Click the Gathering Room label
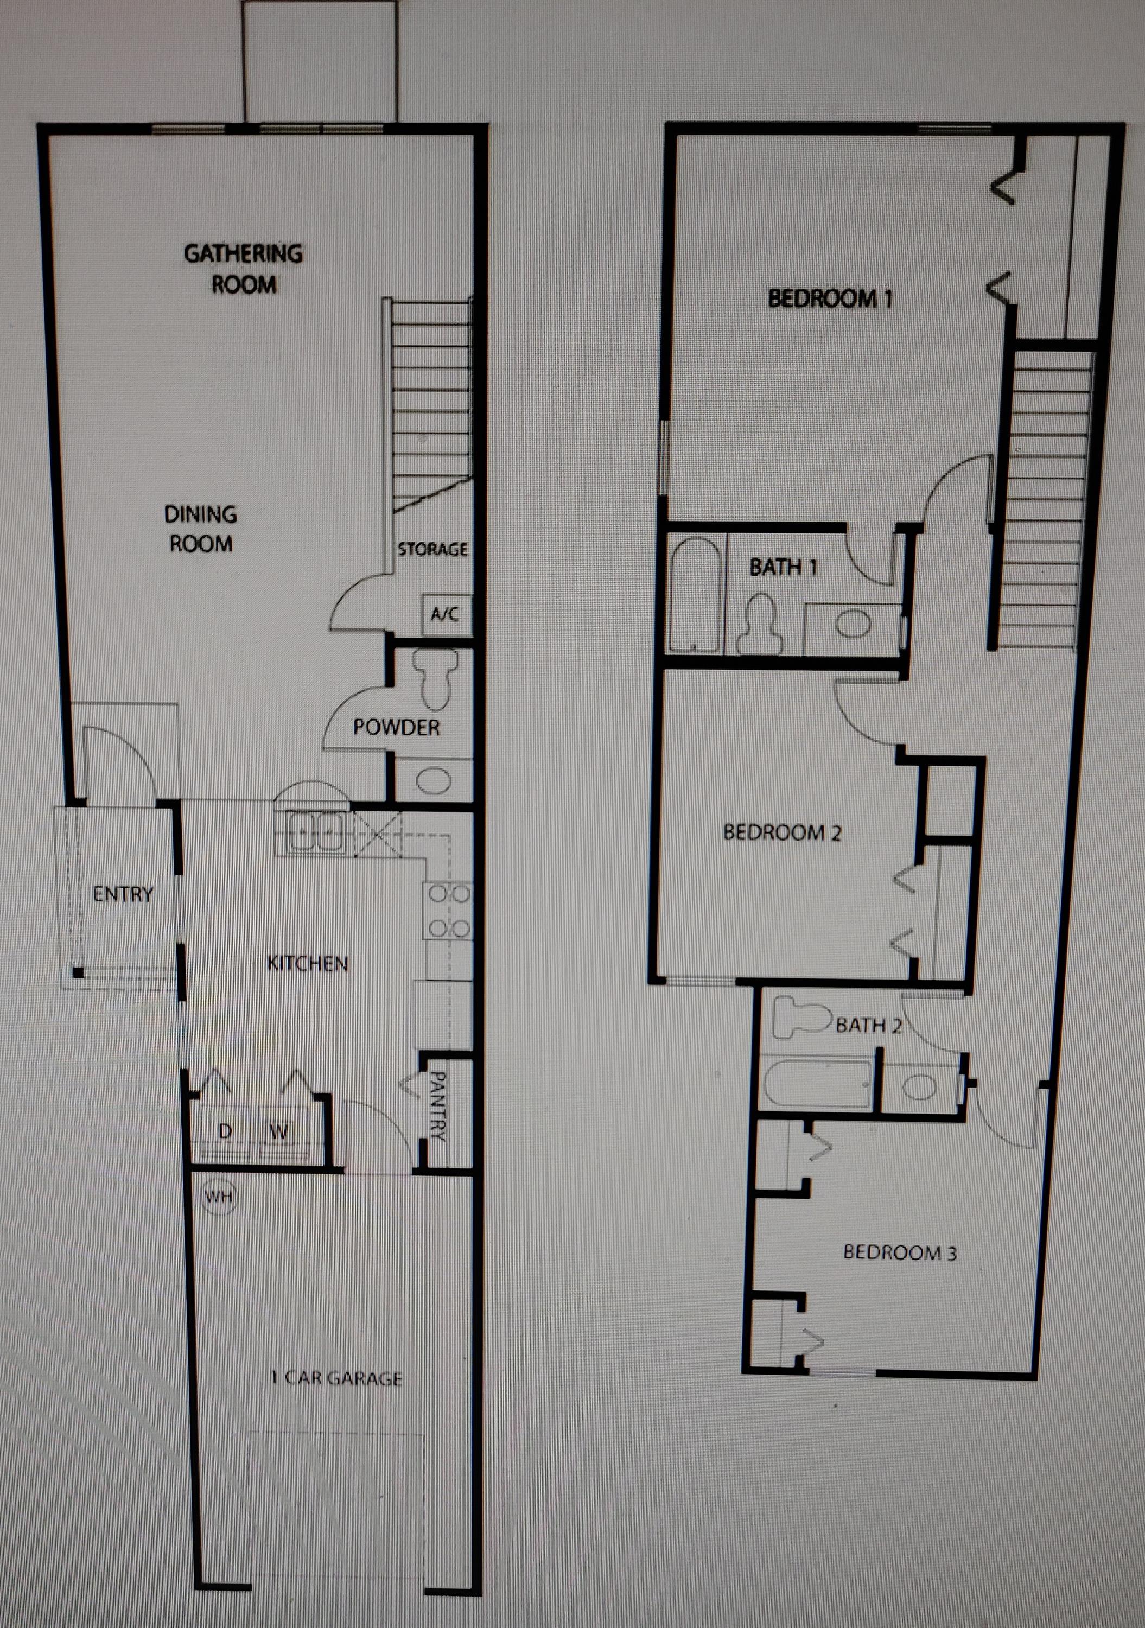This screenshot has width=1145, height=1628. (x=243, y=269)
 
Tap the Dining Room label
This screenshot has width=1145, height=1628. (x=201, y=528)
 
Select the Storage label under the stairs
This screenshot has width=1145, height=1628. (x=432, y=549)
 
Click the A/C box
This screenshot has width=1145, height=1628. (x=444, y=613)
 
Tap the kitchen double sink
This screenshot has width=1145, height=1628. (x=316, y=832)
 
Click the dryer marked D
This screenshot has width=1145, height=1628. (x=225, y=1131)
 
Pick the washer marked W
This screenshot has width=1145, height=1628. (x=279, y=1131)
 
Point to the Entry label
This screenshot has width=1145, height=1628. (x=123, y=894)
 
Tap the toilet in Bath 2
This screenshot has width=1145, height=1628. (x=801, y=1019)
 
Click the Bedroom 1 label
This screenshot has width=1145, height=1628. (x=830, y=298)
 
